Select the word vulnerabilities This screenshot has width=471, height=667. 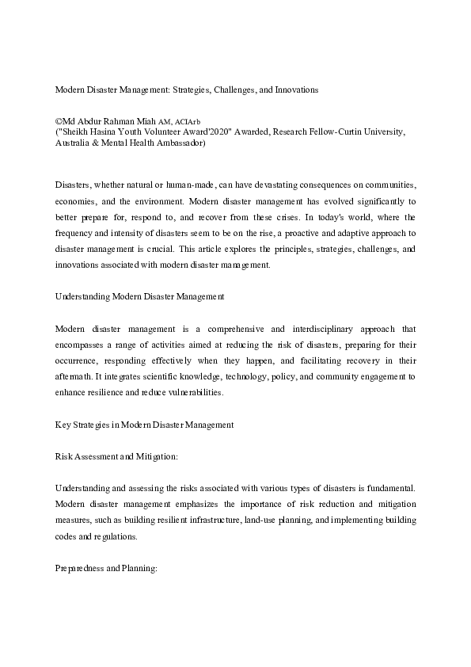[196, 393]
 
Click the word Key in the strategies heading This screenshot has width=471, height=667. [63, 425]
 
